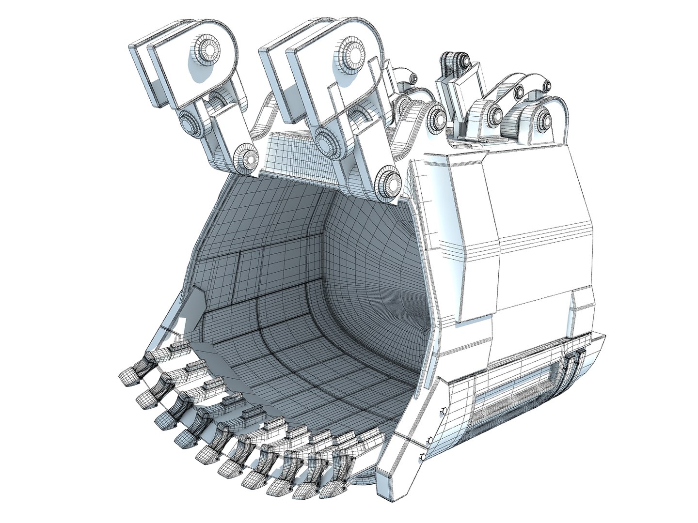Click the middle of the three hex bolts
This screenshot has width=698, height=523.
429,440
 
